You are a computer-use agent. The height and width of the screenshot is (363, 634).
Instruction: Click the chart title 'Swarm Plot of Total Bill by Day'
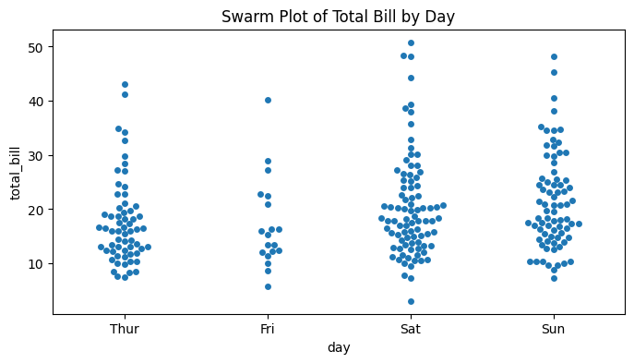pos(338,16)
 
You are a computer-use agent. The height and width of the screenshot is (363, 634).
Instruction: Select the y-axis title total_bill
pos(16,173)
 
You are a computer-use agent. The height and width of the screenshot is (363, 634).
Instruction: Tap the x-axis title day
pos(338,347)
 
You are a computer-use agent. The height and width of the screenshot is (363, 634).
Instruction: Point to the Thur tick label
pos(125,329)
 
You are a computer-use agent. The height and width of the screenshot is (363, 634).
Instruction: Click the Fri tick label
pos(268,329)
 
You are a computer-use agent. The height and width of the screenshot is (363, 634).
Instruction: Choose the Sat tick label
pos(411,329)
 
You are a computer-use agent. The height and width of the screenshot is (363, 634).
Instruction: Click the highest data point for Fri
pos(268,100)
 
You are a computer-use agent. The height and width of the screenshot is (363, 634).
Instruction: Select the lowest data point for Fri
pos(268,286)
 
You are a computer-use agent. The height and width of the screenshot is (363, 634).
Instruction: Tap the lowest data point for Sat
pos(411,301)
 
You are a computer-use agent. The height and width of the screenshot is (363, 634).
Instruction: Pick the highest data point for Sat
pos(411,42)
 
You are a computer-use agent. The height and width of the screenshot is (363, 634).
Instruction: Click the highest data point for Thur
pos(125,84)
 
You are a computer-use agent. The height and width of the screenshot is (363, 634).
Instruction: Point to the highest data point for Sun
pos(554,56)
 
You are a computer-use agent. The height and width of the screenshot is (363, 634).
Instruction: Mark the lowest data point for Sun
pos(554,278)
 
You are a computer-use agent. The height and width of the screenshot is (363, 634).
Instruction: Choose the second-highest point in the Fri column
pos(268,161)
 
